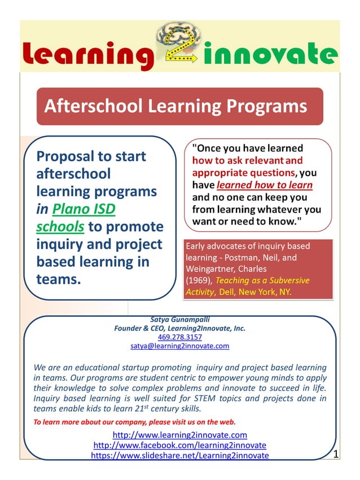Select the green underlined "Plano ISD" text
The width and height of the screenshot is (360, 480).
click(84, 209)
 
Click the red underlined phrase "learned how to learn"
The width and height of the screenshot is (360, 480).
click(264, 185)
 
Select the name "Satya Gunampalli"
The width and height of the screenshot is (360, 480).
click(180, 319)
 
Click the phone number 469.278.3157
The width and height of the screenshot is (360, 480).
click(180, 337)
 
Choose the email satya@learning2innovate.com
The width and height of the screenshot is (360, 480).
click(180, 346)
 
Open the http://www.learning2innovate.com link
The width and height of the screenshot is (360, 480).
click(180, 435)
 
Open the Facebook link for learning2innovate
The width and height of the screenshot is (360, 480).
click(180, 445)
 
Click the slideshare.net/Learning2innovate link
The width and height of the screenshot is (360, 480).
click(180, 455)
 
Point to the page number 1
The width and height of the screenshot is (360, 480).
click(336, 454)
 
